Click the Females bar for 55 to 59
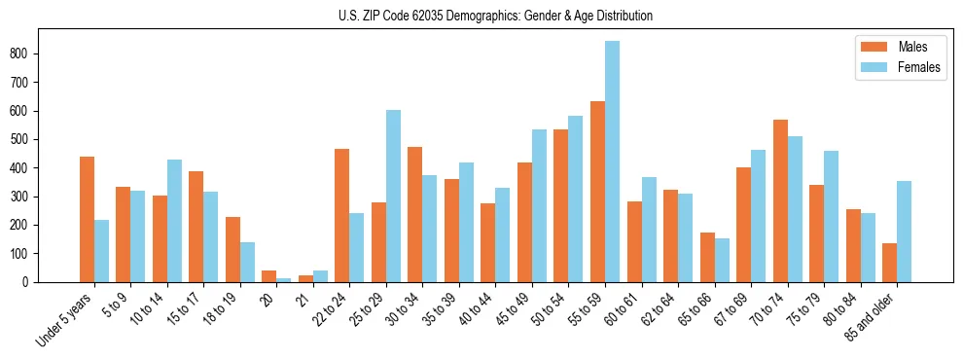coord(612,162)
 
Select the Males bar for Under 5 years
coord(87,219)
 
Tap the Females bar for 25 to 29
coord(393,196)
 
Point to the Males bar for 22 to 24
coord(341,215)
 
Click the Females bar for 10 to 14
coord(174,221)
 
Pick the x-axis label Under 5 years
coord(66,318)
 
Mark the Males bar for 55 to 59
coord(597,192)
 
